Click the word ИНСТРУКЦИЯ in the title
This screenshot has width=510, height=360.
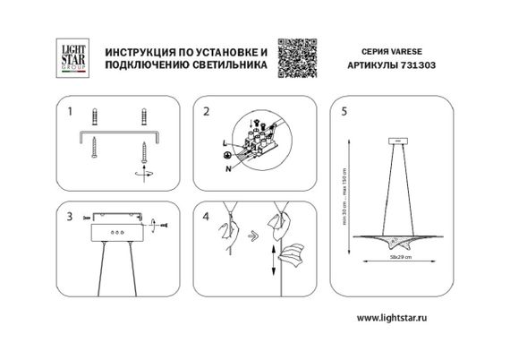[x=139, y=47]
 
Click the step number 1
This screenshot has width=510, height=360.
[x=68, y=113]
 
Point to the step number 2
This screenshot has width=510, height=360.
[x=207, y=113]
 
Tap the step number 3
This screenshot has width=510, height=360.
[x=68, y=217]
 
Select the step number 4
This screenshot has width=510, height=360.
[x=207, y=217]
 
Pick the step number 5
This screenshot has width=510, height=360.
[x=344, y=113]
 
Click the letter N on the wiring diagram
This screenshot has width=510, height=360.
[x=229, y=168]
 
